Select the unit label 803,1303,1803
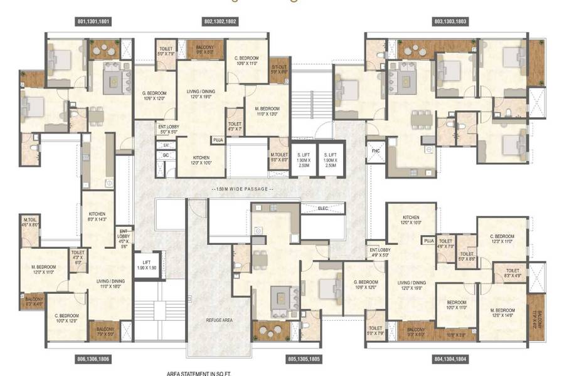(450, 21)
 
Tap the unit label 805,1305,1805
(287, 359)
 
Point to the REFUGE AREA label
(220, 320)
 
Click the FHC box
(375, 151)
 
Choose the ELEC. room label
(324, 208)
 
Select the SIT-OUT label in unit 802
(279, 70)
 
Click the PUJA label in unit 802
(218, 140)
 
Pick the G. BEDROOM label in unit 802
(154, 95)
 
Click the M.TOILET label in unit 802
(278, 157)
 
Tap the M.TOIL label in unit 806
(29, 221)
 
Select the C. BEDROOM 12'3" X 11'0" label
(503, 239)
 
